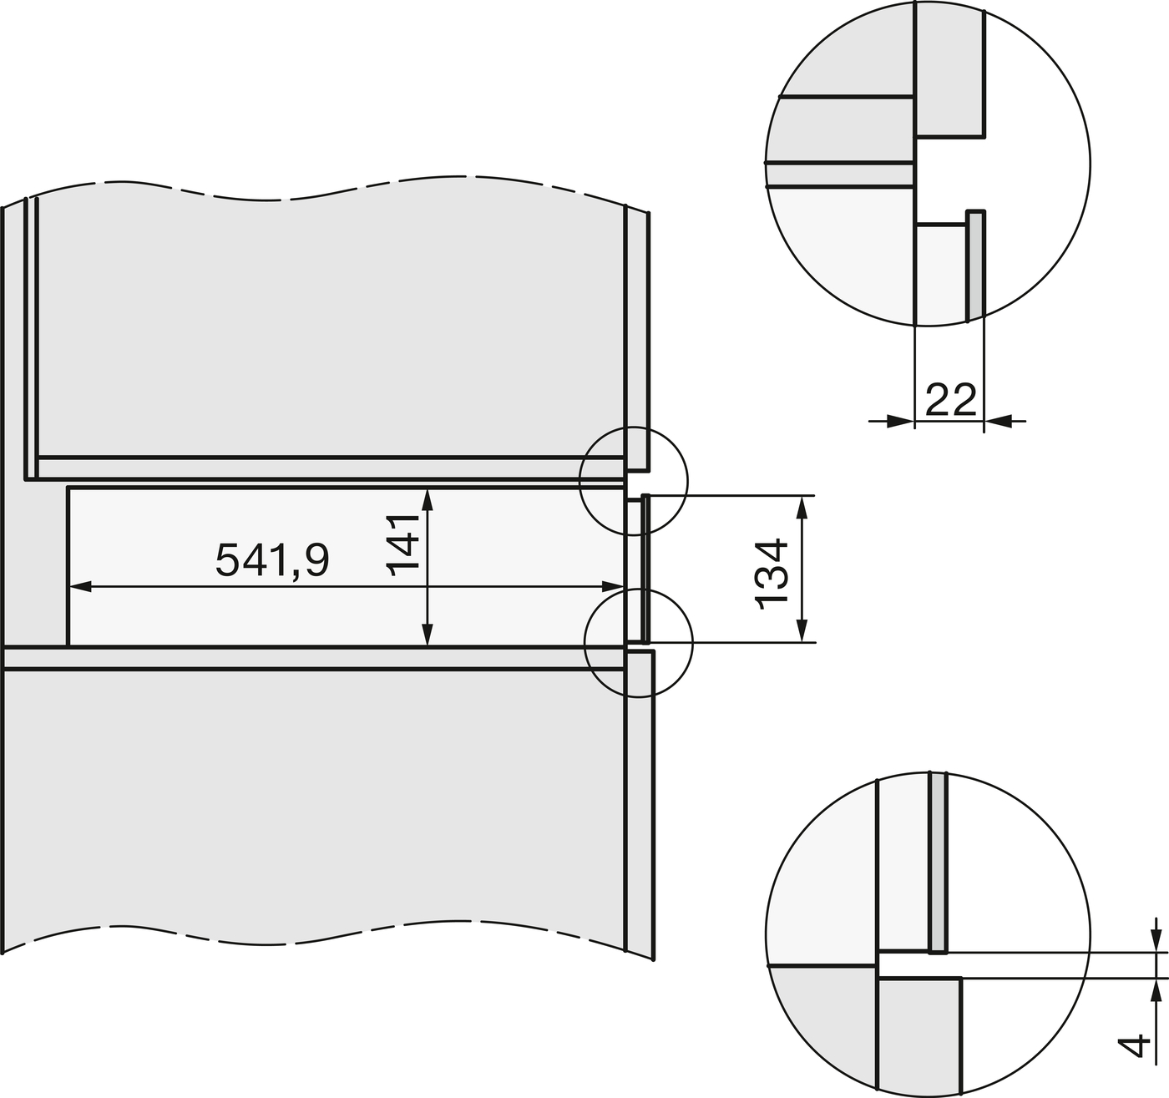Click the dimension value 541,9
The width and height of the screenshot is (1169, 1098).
pyautogui.click(x=272, y=560)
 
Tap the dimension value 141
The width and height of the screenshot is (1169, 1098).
pyautogui.click(x=402, y=544)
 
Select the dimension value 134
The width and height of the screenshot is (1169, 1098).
pyautogui.click(x=772, y=574)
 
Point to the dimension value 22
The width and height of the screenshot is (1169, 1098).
pyautogui.click(x=950, y=400)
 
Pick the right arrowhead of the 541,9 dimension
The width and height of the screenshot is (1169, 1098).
pyautogui.click(x=611, y=586)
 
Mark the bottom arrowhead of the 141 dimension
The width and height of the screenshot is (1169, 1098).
pyautogui.click(x=428, y=634)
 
